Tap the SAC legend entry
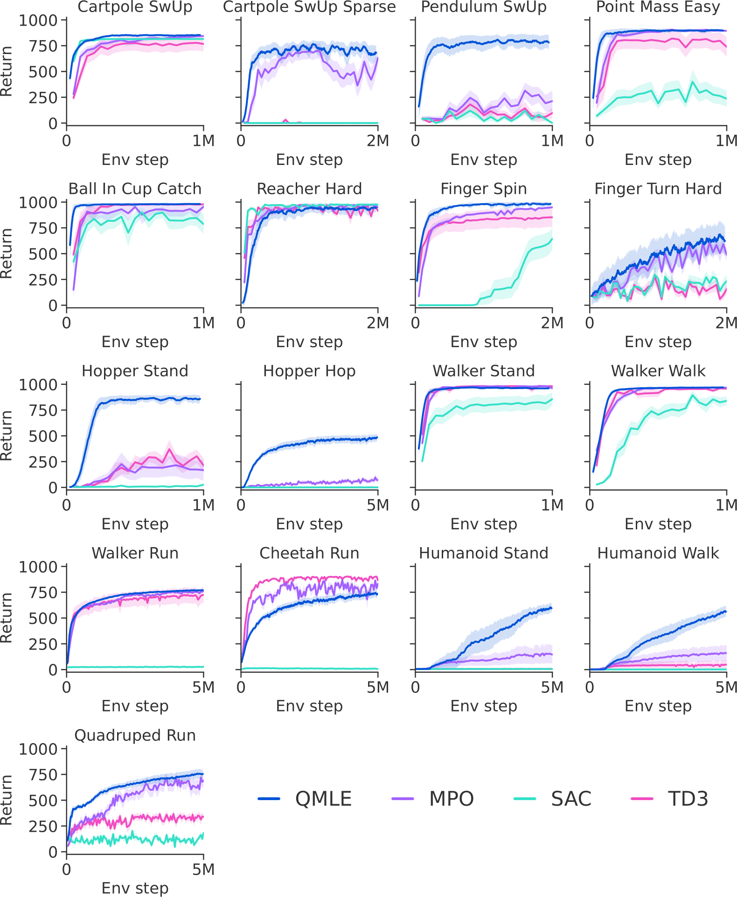click(553, 799)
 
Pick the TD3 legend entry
click(670, 799)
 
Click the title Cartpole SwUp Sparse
click(309, 7)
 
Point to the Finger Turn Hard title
click(658, 189)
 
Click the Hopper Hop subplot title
click(309, 371)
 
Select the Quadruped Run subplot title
click(135, 735)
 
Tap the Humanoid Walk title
click(658, 553)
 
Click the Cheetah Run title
click(309, 553)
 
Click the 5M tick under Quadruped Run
click(203, 869)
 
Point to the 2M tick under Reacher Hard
click(377, 323)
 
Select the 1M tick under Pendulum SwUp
click(552, 141)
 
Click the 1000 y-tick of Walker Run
click(37, 567)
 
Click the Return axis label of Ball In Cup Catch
click(7, 253)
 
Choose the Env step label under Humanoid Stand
click(483, 706)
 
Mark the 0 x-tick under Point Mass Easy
click(590, 141)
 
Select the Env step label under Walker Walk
click(658, 524)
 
